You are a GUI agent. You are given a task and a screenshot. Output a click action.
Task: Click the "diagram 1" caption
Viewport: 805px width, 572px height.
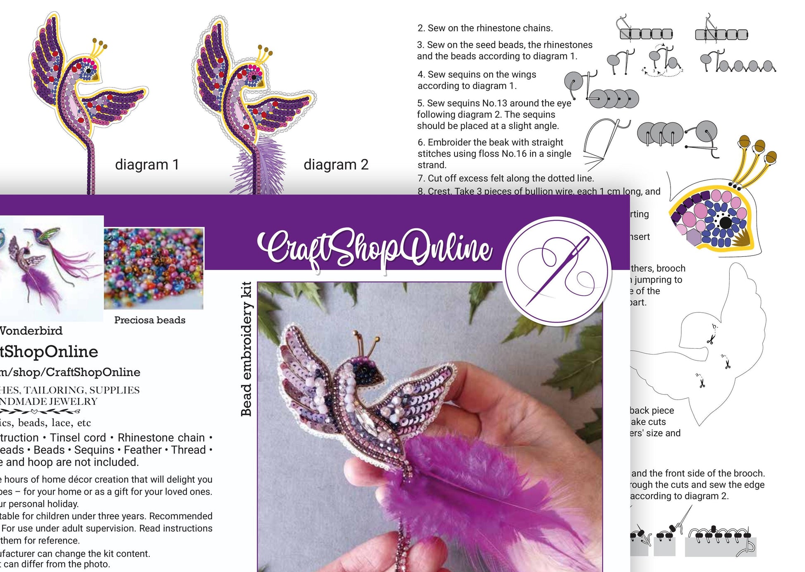click(147, 165)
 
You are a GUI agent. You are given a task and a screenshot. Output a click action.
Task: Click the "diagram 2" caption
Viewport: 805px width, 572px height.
click(335, 165)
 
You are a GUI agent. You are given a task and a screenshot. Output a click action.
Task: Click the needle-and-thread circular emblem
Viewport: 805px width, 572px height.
click(557, 271)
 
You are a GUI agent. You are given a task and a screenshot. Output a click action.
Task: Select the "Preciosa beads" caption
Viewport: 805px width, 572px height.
click(150, 320)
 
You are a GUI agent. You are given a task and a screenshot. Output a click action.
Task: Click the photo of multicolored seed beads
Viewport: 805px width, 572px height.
click(153, 269)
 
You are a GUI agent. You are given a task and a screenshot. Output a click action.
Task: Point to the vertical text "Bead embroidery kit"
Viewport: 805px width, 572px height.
click(247, 348)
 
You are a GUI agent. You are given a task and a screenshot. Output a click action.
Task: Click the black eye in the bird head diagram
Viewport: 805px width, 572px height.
click(725, 223)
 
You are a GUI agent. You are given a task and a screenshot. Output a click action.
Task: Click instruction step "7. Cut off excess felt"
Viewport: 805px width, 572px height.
click(506, 178)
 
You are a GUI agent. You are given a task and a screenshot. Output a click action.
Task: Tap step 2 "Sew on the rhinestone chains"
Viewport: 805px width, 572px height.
click(485, 28)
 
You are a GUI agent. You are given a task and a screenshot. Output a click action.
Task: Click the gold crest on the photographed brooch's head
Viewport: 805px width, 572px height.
click(366, 342)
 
